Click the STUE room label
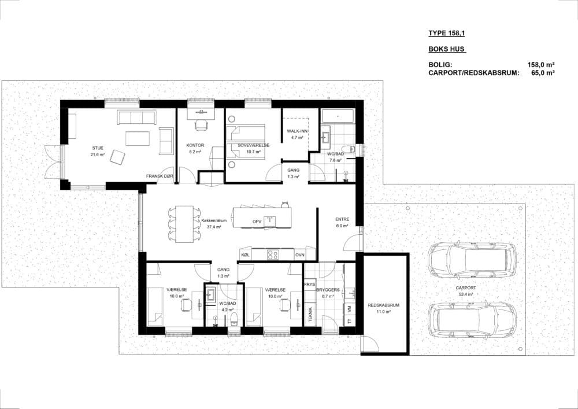98,148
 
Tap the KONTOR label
195,145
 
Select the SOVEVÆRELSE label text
253,145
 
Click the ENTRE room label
342,219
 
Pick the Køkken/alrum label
214,221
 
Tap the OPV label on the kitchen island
257,222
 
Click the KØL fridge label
245,255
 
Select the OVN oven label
299,255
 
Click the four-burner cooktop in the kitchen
272,255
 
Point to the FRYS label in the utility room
310,285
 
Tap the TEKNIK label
310,315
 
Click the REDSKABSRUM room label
383,305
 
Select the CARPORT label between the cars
465,288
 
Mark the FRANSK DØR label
160,176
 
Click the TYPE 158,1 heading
446,33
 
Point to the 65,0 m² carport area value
543,73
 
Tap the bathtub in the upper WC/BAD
338,116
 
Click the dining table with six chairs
184,224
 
